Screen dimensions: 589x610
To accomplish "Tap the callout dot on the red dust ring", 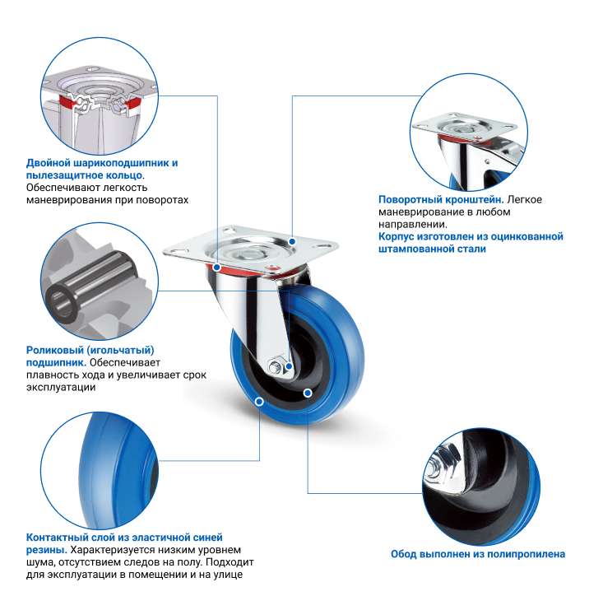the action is click(x=217, y=268).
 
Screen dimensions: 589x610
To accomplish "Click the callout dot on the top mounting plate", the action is click(x=292, y=241).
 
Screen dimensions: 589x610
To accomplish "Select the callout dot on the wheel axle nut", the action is click(x=289, y=366).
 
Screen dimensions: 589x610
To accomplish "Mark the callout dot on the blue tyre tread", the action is click(x=259, y=402).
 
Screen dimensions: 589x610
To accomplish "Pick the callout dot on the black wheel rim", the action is click(x=308, y=393).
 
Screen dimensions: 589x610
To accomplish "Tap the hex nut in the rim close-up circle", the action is click(x=443, y=463).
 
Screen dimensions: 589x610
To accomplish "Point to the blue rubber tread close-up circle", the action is click(x=100, y=471).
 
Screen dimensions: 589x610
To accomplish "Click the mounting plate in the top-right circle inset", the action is click(x=465, y=127).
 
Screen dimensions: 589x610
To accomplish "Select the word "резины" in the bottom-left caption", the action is click(x=45, y=550).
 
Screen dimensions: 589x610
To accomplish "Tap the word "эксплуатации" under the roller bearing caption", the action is click(x=61, y=388).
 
